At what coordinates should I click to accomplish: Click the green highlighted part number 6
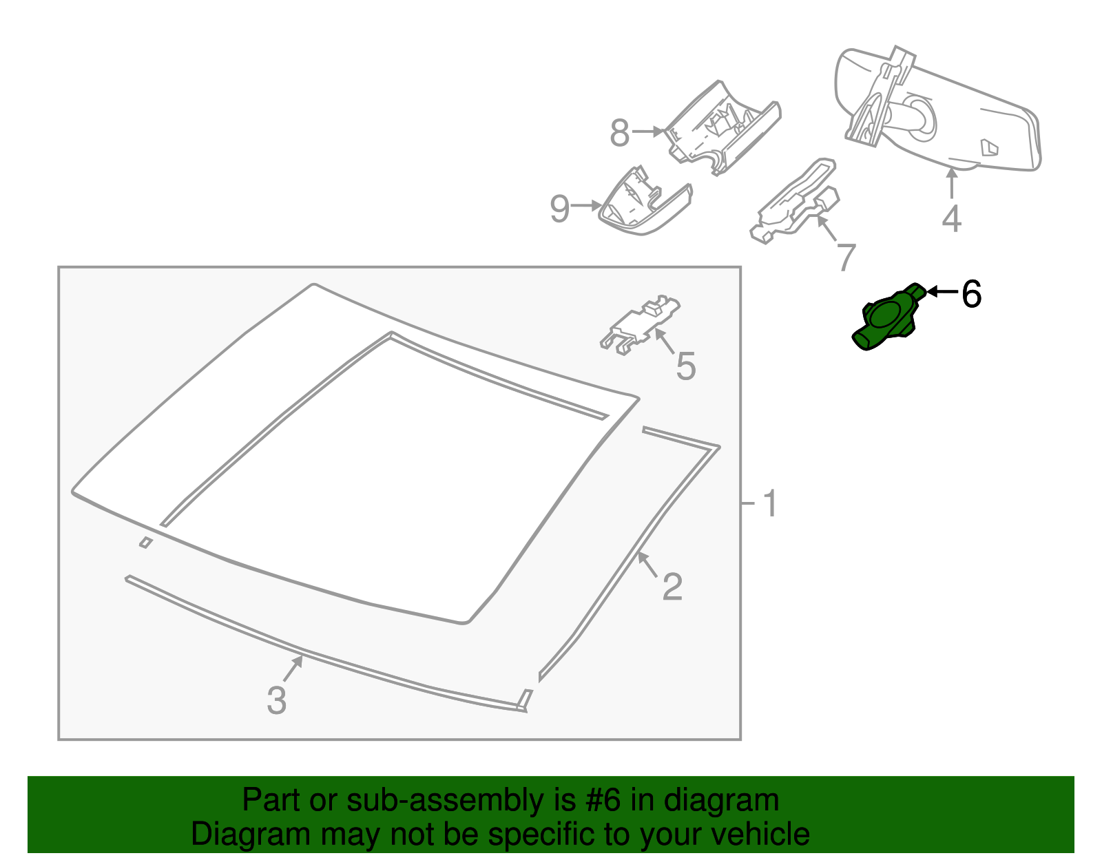[886, 318]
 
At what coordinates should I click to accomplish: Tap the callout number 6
[971, 294]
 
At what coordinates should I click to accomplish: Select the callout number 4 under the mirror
[951, 219]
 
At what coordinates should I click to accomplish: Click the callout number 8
[620, 134]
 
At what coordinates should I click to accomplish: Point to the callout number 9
[560, 208]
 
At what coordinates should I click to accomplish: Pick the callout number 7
[846, 258]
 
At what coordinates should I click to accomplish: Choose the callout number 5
[685, 366]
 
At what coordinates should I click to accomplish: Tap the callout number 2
[672, 587]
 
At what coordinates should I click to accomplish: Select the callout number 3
[277, 700]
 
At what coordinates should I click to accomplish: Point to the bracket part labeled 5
[640, 324]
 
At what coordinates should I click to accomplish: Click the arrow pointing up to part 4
[952, 183]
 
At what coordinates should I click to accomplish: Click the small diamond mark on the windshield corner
[146, 543]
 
